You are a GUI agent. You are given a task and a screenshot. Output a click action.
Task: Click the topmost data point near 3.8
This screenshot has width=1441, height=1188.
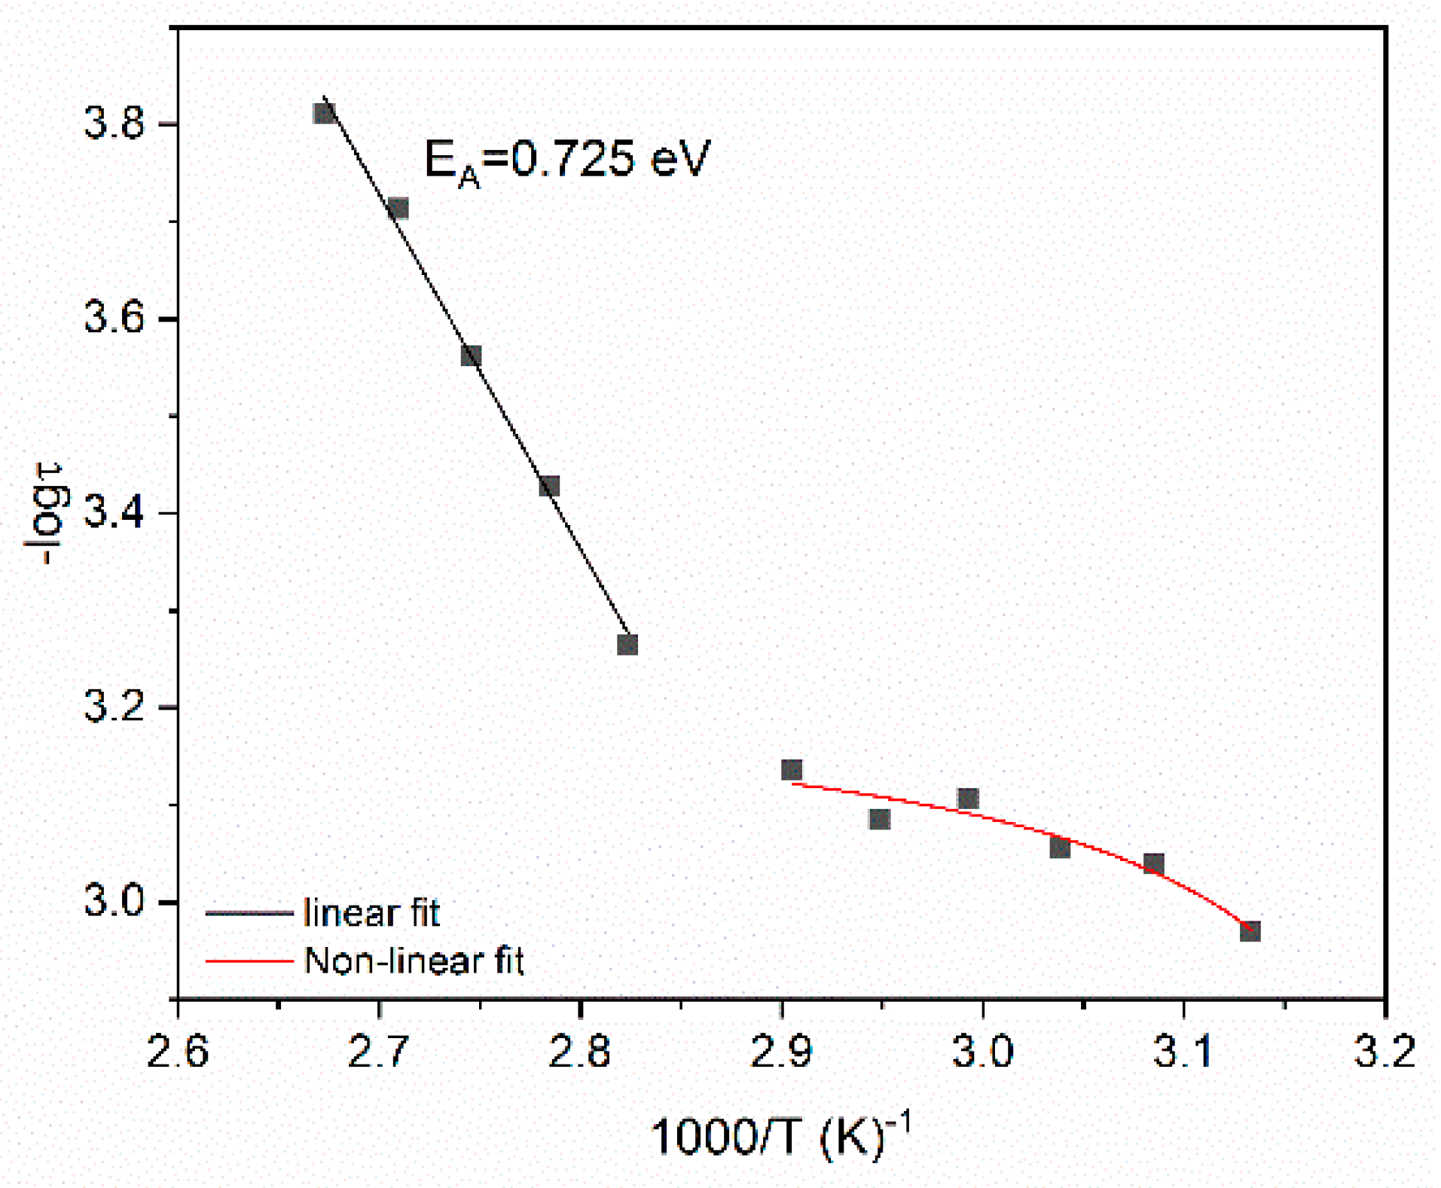325,114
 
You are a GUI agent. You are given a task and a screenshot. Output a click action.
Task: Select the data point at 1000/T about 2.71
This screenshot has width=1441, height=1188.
398,209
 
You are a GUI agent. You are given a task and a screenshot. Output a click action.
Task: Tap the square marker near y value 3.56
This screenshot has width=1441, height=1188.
471,356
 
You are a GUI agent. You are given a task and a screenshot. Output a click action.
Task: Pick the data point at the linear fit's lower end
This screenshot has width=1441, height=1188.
627,645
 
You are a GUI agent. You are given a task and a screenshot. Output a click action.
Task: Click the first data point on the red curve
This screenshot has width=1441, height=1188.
792,770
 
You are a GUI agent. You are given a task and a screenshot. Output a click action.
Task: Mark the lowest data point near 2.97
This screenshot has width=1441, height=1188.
1250,931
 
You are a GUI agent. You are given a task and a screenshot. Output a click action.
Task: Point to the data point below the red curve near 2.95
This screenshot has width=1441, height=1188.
879,819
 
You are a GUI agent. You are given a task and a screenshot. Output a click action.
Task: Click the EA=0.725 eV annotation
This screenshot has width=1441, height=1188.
566,160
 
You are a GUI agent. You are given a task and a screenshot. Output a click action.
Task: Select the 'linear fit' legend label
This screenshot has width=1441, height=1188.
371,913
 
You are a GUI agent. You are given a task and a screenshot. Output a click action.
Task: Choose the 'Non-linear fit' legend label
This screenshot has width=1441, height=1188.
414,961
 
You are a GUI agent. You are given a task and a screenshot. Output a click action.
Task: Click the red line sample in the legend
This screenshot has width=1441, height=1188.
249,961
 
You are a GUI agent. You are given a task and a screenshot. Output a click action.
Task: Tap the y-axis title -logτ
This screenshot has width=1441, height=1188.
47,513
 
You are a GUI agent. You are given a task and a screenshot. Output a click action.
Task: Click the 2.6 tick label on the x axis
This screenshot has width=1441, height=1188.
178,1052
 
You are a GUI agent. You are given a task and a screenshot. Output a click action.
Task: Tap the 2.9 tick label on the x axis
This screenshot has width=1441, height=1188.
782,1052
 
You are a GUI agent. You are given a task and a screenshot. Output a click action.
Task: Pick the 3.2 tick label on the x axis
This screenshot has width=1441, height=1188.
1385,1052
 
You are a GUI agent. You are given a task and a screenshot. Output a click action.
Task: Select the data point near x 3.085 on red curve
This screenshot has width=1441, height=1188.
1153,864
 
